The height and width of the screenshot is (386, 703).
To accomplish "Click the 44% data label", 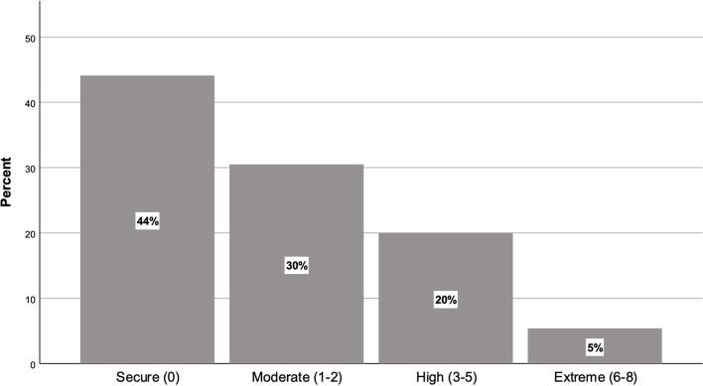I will (x=148, y=221).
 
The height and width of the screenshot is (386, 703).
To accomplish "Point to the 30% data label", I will (x=297, y=266).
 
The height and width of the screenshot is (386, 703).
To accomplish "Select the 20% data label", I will (x=446, y=300).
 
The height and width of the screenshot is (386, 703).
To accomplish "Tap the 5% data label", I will (x=595, y=347).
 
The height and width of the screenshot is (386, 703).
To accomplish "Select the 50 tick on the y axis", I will (x=30, y=38).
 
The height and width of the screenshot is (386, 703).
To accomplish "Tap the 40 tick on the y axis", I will (x=30, y=103).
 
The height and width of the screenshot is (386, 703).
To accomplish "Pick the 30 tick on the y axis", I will (x=30, y=169).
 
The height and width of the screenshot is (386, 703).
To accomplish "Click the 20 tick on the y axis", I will (x=30, y=234).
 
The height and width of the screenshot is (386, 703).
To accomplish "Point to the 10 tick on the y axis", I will (x=30, y=299).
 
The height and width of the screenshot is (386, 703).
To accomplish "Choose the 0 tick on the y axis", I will (x=33, y=364).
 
